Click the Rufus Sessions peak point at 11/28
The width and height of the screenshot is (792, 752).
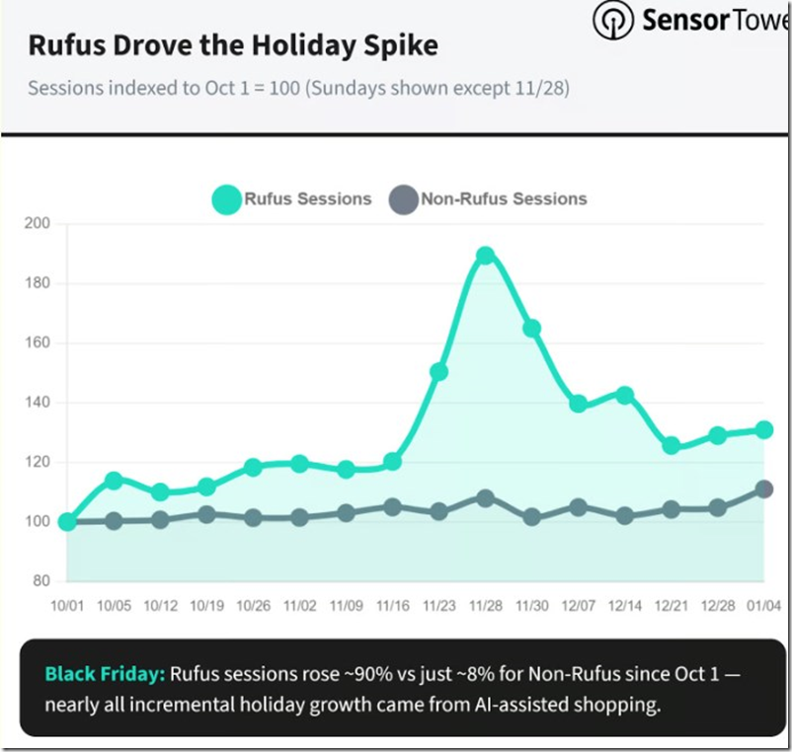(x=485, y=256)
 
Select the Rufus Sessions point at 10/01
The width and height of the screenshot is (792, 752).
(x=67, y=521)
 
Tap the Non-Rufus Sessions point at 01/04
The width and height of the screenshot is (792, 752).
(x=764, y=489)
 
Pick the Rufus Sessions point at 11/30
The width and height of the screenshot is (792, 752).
(x=531, y=329)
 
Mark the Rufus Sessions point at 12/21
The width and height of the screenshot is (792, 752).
(x=672, y=446)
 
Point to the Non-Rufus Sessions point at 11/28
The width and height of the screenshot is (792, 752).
(x=485, y=497)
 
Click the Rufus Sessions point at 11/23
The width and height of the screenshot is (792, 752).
(x=438, y=372)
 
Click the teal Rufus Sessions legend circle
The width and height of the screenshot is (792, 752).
(x=227, y=198)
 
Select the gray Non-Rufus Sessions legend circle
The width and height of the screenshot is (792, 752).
(x=403, y=198)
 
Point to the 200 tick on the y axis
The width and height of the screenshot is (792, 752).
(x=38, y=224)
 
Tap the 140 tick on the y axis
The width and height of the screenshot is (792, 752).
(x=38, y=403)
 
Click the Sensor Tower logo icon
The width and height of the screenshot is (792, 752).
(x=613, y=20)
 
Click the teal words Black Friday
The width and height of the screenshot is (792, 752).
(x=105, y=675)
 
